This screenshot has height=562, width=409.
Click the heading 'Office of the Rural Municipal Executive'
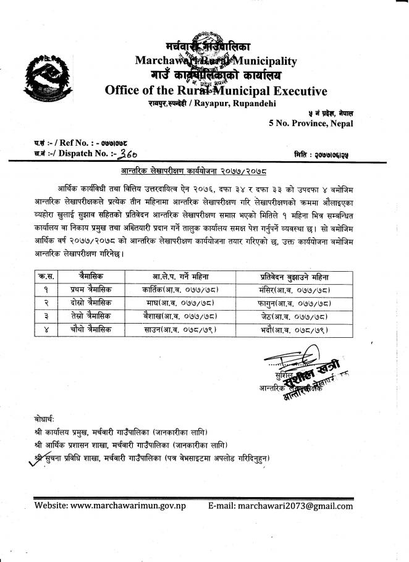[216, 91]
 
